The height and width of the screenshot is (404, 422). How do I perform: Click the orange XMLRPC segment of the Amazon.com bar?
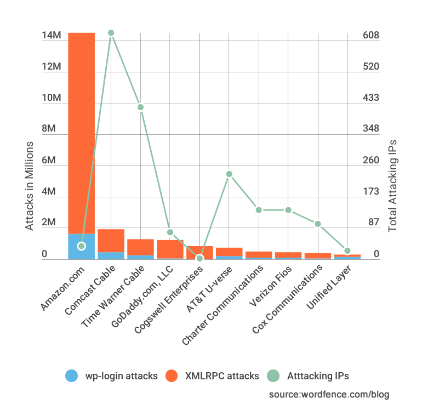[x=81, y=132]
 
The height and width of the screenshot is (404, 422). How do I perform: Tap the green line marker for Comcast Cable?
[x=111, y=33]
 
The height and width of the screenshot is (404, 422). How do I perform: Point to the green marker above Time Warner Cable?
[x=140, y=107]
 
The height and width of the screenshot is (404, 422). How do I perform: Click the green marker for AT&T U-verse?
[x=229, y=174]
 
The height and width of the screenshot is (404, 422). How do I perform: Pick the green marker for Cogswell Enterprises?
[x=199, y=258]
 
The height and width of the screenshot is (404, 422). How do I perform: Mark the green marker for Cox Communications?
[x=318, y=224]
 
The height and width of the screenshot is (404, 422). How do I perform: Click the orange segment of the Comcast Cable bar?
[x=111, y=240]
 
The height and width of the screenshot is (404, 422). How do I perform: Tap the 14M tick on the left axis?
[x=51, y=36]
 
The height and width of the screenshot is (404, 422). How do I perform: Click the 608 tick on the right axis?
[x=371, y=36]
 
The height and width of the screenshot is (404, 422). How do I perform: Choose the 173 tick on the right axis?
[x=371, y=192]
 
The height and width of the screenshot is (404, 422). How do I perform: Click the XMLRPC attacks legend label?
[x=222, y=376]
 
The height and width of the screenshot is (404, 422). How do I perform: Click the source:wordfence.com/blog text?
[x=329, y=394]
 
